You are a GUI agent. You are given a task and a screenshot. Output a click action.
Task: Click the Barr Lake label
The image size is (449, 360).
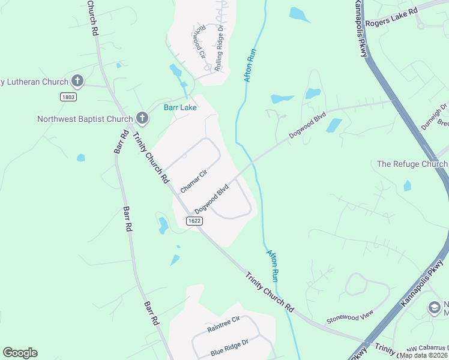(181, 108)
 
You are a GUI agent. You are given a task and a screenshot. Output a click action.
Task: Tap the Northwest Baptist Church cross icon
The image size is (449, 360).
(142, 118)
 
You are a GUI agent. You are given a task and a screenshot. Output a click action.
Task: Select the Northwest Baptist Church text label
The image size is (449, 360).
(84, 118)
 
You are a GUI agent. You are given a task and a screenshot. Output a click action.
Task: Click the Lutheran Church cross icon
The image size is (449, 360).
(77, 80)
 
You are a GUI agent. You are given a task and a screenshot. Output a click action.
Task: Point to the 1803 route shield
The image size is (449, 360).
(68, 97)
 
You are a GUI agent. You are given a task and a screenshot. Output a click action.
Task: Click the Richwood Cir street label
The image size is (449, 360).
(199, 41)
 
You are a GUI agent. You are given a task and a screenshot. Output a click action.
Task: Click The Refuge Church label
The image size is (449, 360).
(412, 164)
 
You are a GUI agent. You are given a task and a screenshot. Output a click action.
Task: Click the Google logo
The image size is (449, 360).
(20, 353)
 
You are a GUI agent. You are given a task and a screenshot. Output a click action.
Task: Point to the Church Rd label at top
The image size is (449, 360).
(92, 18)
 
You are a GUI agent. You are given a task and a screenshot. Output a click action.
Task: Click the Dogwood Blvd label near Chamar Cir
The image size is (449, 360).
(212, 199)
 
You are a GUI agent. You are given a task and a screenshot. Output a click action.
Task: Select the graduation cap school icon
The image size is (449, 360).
(434, 307)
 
